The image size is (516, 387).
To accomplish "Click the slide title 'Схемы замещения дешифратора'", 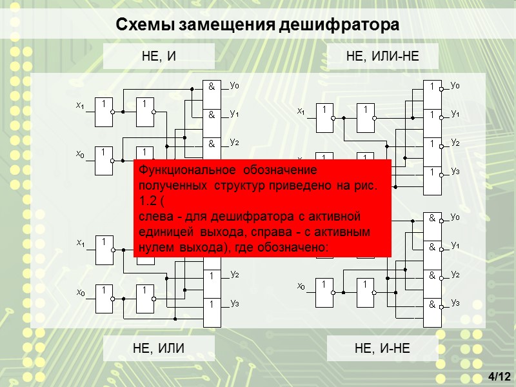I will (x=258, y=25).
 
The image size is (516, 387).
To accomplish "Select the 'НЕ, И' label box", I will (x=158, y=57).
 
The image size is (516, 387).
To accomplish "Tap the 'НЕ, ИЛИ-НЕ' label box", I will (x=382, y=57).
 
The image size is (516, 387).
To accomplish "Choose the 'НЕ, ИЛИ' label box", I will (x=158, y=348).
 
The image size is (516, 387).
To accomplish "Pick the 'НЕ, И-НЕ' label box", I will (x=382, y=348).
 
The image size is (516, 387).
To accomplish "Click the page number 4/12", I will (x=499, y=376).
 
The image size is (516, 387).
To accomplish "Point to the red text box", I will (x=263, y=209).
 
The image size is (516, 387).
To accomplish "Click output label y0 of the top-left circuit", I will (x=234, y=84).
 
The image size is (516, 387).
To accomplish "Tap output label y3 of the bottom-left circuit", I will (x=234, y=303).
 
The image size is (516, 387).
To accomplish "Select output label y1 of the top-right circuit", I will (x=455, y=114).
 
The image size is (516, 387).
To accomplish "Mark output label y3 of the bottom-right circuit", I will (x=455, y=302).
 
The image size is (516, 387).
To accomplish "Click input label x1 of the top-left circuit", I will (x=80, y=105).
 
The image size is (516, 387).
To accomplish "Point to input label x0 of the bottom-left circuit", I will (x=80, y=293).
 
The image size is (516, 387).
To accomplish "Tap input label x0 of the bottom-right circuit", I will (x=301, y=286).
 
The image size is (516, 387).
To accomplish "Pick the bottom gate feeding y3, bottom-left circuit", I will (x=212, y=312).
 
